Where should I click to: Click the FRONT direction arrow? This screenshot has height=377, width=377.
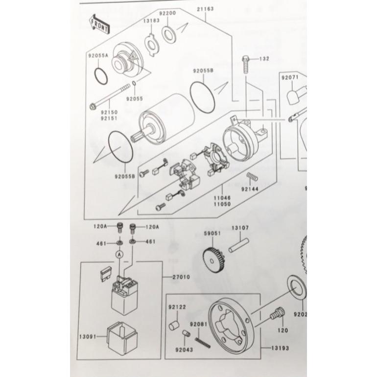pos(98,24)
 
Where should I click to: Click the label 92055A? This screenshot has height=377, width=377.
pos(98,56)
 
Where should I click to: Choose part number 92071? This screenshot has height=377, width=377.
pos(289,77)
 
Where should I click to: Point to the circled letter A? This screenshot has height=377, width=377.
pos(119,254)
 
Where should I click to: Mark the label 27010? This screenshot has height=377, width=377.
pos(181,277)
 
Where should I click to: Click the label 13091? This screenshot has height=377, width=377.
pos(88,337)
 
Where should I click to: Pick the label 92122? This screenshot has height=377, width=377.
pos(177,307)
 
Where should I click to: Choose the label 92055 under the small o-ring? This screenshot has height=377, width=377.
pos(134,98)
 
